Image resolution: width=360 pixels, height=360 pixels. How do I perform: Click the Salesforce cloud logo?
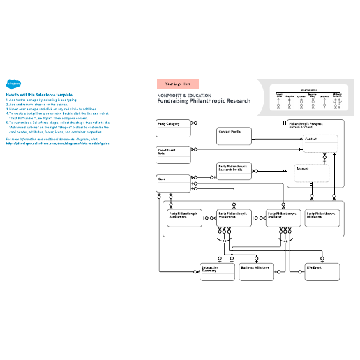(12, 81)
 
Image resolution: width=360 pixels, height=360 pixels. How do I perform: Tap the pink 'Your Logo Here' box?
(178, 84)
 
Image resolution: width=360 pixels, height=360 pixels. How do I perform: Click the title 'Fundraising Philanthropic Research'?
(204, 101)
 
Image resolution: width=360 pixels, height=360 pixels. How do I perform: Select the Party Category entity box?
(174, 127)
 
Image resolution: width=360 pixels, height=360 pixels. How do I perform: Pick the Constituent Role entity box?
(174, 154)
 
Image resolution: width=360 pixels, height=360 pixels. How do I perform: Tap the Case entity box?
(174, 183)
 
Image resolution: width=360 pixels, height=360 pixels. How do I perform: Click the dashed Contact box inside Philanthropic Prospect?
(321, 144)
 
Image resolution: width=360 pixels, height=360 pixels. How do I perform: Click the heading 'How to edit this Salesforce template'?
(39, 94)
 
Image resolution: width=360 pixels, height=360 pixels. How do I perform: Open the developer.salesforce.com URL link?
(58, 145)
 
